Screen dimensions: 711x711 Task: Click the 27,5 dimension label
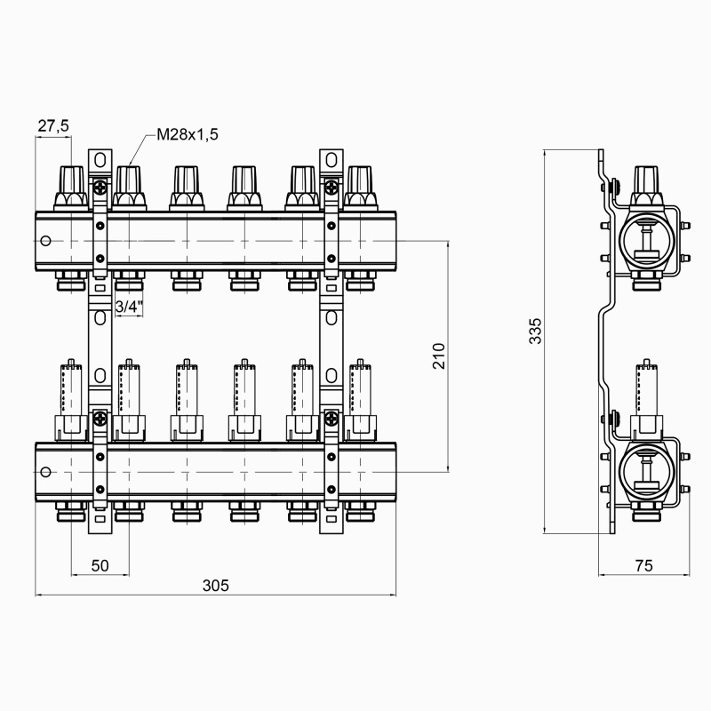point(52,126)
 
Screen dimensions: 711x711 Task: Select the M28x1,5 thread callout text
point(187,134)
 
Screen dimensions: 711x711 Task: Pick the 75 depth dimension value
point(643,564)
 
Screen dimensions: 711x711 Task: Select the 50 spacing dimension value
point(100,564)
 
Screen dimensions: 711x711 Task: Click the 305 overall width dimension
point(215,585)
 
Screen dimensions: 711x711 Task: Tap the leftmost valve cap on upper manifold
point(71,186)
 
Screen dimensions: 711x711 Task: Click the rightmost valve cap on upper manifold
point(360,186)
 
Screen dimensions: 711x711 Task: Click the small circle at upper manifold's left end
point(46,241)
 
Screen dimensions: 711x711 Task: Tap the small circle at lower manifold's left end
point(46,472)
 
